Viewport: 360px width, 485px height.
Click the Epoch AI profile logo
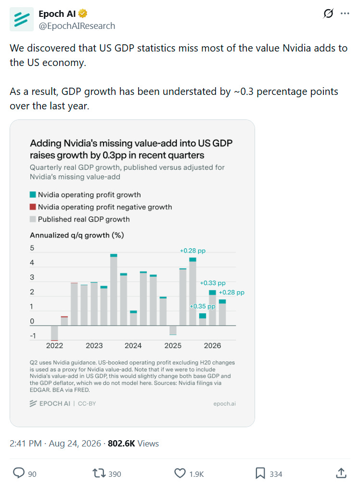point(22,19)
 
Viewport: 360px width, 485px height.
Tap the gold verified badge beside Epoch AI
point(82,13)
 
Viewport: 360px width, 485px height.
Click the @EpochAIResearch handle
point(77,26)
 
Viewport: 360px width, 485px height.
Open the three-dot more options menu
point(345,13)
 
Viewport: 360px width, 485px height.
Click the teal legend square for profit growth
point(33,195)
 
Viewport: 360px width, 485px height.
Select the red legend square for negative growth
point(33,207)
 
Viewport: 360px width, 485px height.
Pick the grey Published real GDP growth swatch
point(33,219)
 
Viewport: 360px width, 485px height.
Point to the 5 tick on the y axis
point(32,248)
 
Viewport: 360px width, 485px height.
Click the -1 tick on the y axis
point(32,336)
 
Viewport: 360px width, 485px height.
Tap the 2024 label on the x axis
point(133,345)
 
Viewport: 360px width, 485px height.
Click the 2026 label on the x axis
point(212,345)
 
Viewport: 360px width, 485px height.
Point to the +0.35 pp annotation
point(203,306)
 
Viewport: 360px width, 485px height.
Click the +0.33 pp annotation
point(213,283)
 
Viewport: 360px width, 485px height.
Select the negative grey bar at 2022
point(54,333)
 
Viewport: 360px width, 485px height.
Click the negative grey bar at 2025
point(173,330)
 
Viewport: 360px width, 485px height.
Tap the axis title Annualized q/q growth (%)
point(77,235)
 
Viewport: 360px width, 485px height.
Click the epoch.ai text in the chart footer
point(224,404)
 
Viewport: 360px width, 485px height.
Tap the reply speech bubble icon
point(19,473)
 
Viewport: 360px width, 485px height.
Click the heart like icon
point(180,473)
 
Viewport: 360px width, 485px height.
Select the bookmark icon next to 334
point(260,473)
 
